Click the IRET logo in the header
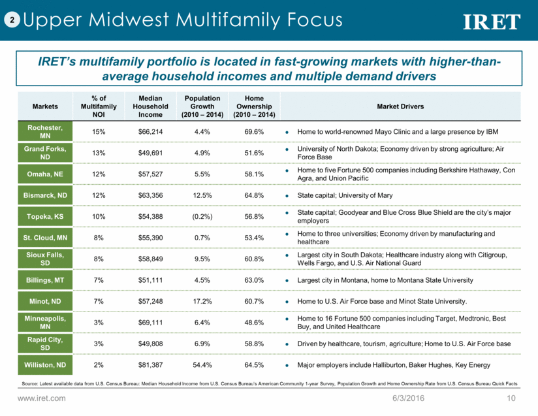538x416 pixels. point(491,22)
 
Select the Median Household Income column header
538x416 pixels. point(150,106)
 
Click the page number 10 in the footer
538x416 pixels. point(512,398)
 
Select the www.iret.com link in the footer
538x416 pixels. point(42,398)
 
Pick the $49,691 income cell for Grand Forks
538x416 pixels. point(150,152)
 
